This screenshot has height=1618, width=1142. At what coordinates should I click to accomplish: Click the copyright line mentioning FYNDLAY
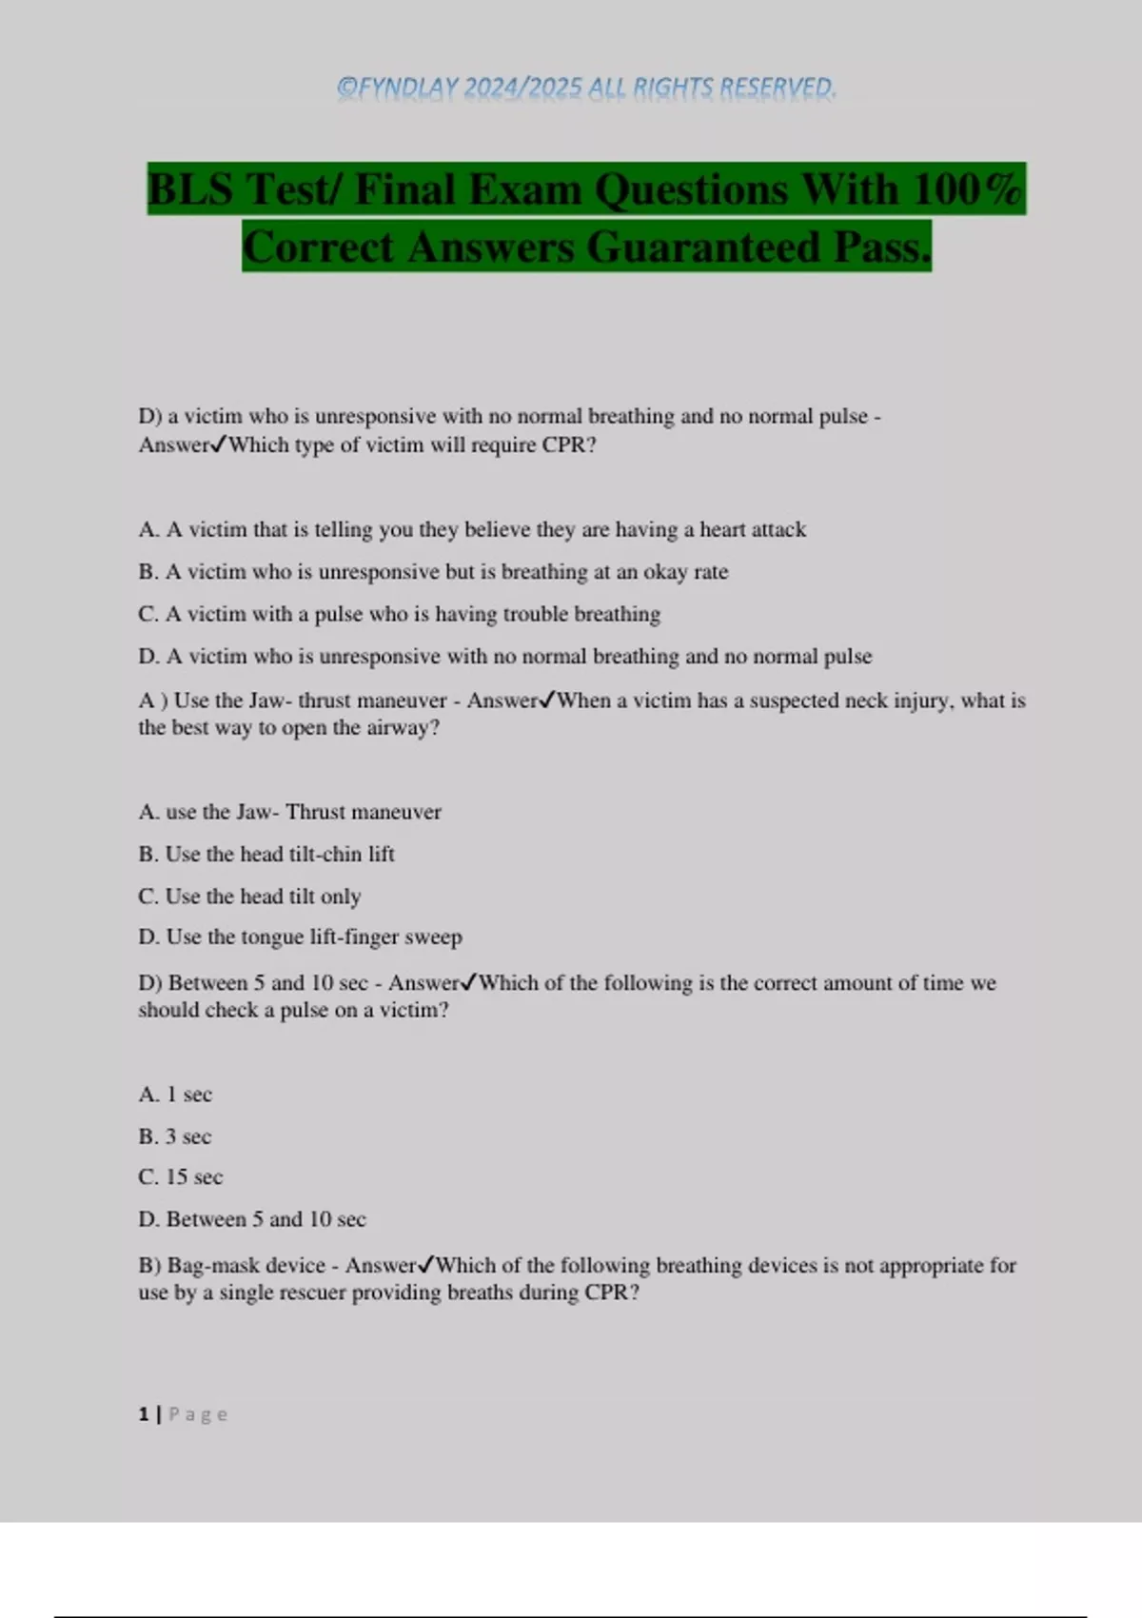(x=586, y=88)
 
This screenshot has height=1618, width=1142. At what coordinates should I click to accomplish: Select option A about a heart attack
(x=472, y=529)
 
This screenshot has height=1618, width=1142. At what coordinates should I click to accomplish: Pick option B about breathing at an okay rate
(x=433, y=572)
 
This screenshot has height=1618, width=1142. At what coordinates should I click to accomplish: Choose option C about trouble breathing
(x=399, y=614)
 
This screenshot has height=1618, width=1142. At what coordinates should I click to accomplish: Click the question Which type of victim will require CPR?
(x=412, y=444)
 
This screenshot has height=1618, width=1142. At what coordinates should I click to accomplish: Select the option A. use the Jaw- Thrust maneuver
(x=289, y=812)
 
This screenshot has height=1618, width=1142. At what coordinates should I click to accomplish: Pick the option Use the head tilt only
(x=249, y=896)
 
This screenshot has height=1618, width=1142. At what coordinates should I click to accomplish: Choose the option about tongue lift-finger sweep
(x=300, y=937)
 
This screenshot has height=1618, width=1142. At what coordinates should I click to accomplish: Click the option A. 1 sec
(x=175, y=1095)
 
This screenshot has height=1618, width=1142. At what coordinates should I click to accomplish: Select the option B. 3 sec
(x=175, y=1136)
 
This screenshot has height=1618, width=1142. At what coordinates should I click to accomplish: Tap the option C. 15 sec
(x=181, y=1177)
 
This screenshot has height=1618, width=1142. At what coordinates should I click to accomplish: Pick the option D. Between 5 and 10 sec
(x=252, y=1219)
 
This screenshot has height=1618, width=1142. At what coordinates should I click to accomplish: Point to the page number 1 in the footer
(x=144, y=1414)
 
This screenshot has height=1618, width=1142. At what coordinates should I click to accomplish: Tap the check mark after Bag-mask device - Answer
(x=426, y=1265)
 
